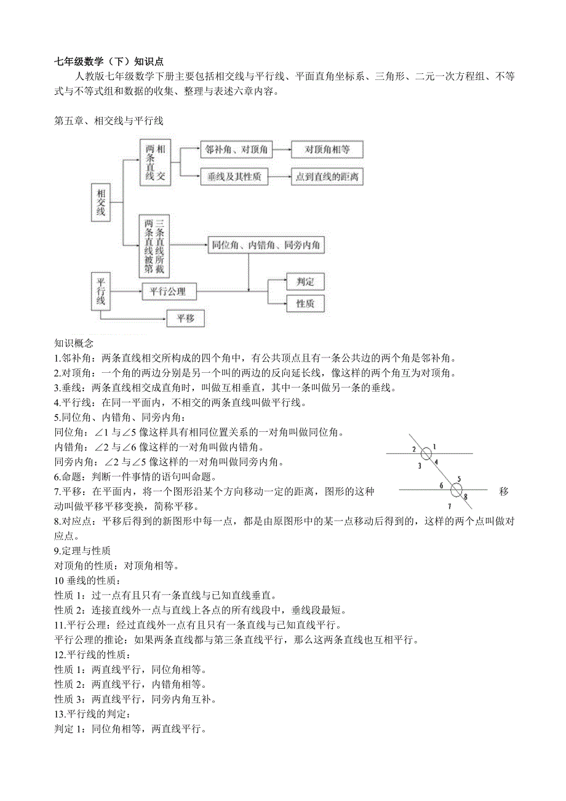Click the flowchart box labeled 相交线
click(x=102, y=202)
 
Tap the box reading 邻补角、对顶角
click(x=236, y=149)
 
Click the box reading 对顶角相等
click(x=327, y=149)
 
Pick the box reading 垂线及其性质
click(x=236, y=177)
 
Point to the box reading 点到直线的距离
click(x=327, y=177)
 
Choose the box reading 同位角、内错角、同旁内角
click(x=266, y=245)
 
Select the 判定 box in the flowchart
click(x=305, y=282)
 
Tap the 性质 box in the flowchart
click(x=305, y=303)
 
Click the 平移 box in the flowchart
click(x=185, y=318)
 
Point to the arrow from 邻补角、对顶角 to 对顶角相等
click(x=281, y=149)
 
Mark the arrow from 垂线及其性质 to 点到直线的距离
click(x=281, y=177)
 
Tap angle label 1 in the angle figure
click(x=434, y=446)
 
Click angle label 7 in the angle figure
click(x=449, y=506)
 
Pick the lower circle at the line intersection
click(x=456, y=490)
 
